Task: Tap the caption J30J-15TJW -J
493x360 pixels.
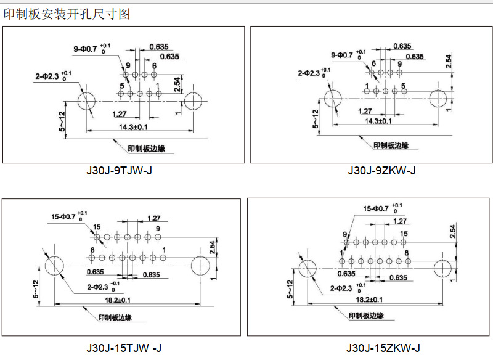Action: pyautogui.click(x=123, y=348)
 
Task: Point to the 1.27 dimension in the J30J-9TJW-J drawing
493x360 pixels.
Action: pyautogui.click(x=120, y=113)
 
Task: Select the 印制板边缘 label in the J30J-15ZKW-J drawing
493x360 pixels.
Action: pyautogui.click(x=366, y=316)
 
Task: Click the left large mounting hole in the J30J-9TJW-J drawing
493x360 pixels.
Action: pyautogui.click(x=86, y=101)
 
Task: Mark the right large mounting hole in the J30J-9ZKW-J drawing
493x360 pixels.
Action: pyautogui.click(x=439, y=98)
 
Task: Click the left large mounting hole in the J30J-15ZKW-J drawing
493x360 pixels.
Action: pyautogui.click(x=308, y=269)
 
